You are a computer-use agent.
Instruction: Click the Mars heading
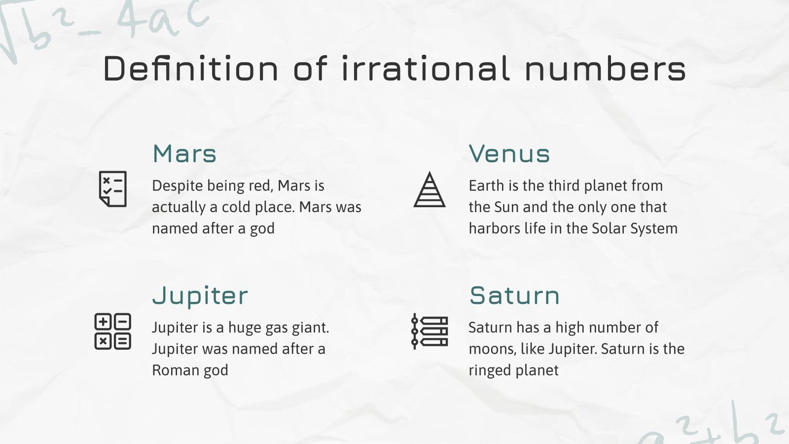coord(184,154)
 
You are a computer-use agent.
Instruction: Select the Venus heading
coord(509,154)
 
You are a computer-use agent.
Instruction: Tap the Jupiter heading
coord(200,296)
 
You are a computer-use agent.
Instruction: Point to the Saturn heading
coord(514,296)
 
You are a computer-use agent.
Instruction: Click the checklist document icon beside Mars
coord(113,189)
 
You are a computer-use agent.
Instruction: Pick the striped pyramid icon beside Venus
coord(430,189)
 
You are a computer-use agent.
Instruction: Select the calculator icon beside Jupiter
coord(112,332)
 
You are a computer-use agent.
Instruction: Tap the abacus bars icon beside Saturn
coord(430,332)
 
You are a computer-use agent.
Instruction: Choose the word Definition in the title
coord(191,69)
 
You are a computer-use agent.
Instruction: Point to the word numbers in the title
coord(605,69)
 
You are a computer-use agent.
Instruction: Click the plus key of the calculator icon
coord(103,322)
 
